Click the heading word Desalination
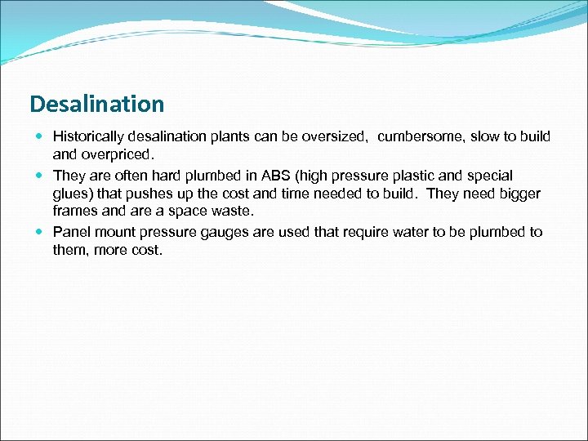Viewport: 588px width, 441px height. (96, 105)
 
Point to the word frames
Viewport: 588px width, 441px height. (74, 211)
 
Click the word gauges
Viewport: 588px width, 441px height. (220, 232)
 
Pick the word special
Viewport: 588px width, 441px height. (488, 176)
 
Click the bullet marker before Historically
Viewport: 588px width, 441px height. (40, 136)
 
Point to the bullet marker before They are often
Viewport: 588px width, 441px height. (40, 176)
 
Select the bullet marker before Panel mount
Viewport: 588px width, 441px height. (40, 232)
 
